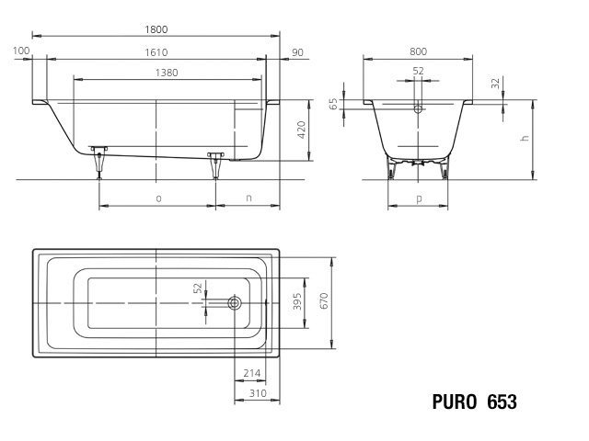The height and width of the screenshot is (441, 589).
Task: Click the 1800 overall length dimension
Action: pyautogui.click(x=156, y=29)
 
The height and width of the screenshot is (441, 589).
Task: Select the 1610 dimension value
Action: pyautogui.click(x=156, y=52)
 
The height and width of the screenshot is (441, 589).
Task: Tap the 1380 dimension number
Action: pyautogui.click(x=167, y=73)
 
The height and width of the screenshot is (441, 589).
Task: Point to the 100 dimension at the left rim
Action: pyautogui.click(x=21, y=51)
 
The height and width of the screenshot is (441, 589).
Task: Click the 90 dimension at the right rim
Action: pyautogui.click(x=297, y=52)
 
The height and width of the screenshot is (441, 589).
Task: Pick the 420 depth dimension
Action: pyautogui.click(x=301, y=130)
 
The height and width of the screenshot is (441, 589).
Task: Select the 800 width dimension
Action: pyautogui.click(x=418, y=51)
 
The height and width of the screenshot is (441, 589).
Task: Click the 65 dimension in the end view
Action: pyautogui.click(x=333, y=104)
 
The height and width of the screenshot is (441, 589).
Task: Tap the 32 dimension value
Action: pyautogui.click(x=496, y=84)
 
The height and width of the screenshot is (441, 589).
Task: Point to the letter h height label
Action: pyautogui.click(x=525, y=138)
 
